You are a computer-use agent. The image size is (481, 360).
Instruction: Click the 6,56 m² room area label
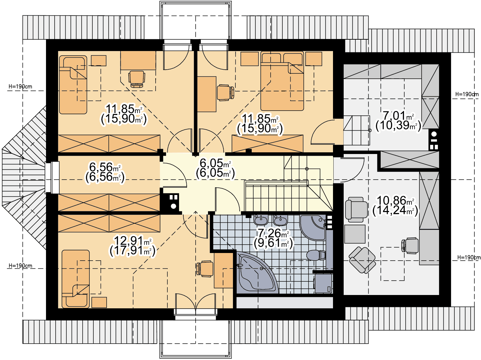click(x=105, y=167)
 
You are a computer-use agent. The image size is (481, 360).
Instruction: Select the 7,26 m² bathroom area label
click(x=273, y=233)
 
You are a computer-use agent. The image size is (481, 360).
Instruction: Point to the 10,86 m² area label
click(x=395, y=200)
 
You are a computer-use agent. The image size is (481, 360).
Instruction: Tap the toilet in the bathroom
click(x=316, y=255)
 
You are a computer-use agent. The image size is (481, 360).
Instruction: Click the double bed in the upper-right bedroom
click(x=282, y=81)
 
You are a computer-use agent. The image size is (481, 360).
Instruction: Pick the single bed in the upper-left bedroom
click(x=73, y=85)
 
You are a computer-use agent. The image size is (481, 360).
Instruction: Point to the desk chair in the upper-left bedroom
click(x=137, y=79)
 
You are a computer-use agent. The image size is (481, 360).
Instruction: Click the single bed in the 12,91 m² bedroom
click(x=76, y=279)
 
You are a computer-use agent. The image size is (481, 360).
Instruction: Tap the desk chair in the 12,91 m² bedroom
click(x=205, y=269)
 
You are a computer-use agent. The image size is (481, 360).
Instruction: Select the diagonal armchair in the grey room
click(x=362, y=260)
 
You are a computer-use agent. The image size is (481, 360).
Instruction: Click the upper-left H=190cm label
click(x=20, y=87)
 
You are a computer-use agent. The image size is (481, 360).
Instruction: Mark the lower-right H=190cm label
click(x=469, y=257)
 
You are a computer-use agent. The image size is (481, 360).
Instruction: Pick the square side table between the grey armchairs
click(x=355, y=234)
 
